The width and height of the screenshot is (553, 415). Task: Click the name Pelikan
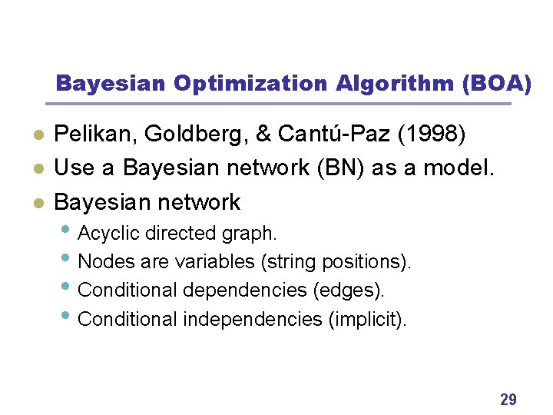(x=91, y=135)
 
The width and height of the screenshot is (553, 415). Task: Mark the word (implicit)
(x=367, y=318)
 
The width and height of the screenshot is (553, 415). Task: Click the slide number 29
(x=508, y=399)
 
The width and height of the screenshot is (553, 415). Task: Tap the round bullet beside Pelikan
(x=37, y=136)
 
